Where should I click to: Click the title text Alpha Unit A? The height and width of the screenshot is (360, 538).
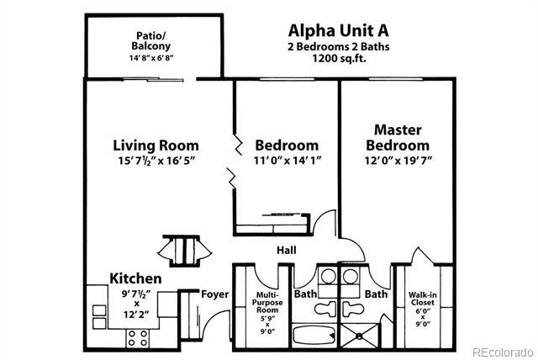pos(337,29)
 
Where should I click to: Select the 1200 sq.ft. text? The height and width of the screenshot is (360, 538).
pos(337,60)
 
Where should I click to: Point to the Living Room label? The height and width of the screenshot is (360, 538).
pos(156,144)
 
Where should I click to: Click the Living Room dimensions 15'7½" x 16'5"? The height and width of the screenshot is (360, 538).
pos(156,161)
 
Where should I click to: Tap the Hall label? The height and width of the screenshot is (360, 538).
pos(287,250)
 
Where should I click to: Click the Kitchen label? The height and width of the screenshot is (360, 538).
pos(135,278)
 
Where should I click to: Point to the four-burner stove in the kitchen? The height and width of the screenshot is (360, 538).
pos(137,337)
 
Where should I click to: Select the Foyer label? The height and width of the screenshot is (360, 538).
pos(214,294)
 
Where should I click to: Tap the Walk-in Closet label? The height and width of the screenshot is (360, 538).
pos(422,306)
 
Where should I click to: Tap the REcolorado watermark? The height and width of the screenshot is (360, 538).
pos(502,351)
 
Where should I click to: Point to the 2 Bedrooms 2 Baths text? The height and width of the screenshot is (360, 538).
pos(337,45)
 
